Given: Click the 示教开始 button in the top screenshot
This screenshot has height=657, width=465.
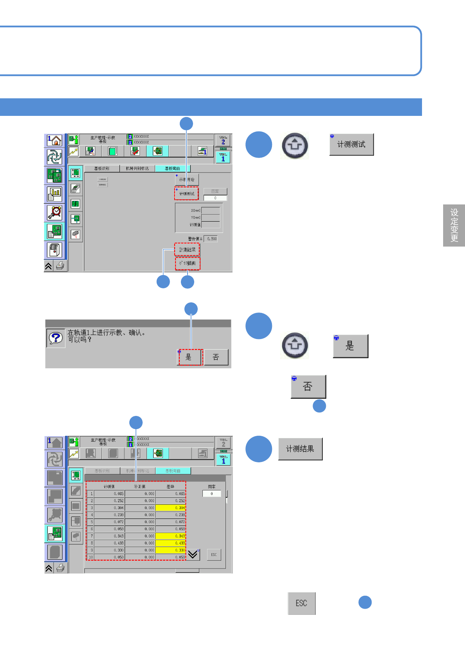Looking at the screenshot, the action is pyautogui.click(x=187, y=180).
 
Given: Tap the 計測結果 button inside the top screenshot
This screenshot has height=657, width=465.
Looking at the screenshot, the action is pyautogui.click(x=187, y=250).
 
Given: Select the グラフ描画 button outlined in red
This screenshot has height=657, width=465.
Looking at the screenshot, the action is pyautogui.click(x=188, y=263).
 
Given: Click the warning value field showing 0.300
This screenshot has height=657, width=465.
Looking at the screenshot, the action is pyautogui.click(x=211, y=239).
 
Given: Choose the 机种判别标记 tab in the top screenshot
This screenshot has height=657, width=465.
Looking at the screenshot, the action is pyautogui.click(x=137, y=169).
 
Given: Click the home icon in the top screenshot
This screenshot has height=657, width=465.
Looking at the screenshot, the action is pyautogui.click(x=55, y=140).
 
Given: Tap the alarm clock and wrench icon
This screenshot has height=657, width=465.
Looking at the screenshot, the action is pyautogui.click(x=55, y=213).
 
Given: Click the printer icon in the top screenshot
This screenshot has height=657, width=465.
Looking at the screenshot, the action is pyautogui.click(x=60, y=266).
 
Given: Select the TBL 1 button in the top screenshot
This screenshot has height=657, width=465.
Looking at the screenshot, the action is pyautogui.click(x=223, y=157).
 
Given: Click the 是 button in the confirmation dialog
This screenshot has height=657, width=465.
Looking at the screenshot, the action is pyautogui.click(x=189, y=357).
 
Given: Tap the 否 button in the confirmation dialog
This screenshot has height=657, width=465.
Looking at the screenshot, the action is pyautogui.click(x=216, y=357).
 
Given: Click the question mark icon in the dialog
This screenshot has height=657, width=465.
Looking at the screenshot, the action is pyautogui.click(x=55, y=338).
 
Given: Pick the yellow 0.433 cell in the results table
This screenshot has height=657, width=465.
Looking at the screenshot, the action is pyautogui.click(x=170, y=543).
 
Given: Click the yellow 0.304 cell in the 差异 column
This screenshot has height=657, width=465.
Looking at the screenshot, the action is pyautogui.click(x=170, y=508).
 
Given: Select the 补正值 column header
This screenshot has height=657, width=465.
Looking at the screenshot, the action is pyautogui.click(x=139, y=487).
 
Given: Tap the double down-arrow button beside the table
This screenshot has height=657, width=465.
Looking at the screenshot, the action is pyautogui.click(x=193, y=554).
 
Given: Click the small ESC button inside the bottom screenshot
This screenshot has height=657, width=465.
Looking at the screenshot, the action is pyautogui.click(x=214, y=554).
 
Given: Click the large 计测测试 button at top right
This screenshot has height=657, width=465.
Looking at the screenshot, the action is pyautogui.click(x=351, y=144).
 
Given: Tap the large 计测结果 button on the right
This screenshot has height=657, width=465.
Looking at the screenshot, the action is pyautogui.click(x=300, y=449).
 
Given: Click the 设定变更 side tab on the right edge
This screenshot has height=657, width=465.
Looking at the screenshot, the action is pyautogui.click(x=454, y=226).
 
